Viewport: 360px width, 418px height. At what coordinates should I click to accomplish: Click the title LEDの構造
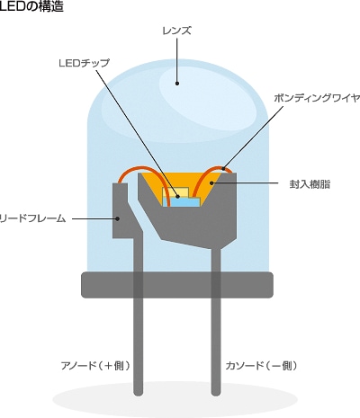[x=31, y=6]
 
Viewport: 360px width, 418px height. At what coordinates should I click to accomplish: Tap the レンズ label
[x=176, y=31]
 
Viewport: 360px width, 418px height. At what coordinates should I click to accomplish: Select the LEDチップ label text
[x=85, y=63]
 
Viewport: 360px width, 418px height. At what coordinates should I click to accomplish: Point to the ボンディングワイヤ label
[x=317, y=98]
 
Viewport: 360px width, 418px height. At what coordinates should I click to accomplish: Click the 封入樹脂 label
[x=310, y=184]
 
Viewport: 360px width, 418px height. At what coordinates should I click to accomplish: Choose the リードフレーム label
[x=32, y=218]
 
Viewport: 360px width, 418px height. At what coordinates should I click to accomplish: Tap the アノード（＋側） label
[x=95, y=366]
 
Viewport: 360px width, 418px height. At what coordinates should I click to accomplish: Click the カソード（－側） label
[x=261, y=366]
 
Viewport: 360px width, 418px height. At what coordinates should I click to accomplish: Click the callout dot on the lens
[x=177, y=84]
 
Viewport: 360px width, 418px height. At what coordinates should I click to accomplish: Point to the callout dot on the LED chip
[x=178, y=197]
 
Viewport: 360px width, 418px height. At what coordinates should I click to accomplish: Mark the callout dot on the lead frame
[x=118, y=218]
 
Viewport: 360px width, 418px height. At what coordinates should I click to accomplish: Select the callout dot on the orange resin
[x=211, y=182]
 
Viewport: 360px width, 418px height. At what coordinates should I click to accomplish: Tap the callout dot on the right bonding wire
[x=223, y=168]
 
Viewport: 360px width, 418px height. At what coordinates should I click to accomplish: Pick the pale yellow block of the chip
[x=175, y=192]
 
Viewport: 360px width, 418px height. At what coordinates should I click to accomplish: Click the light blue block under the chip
[x=182, y=202]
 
